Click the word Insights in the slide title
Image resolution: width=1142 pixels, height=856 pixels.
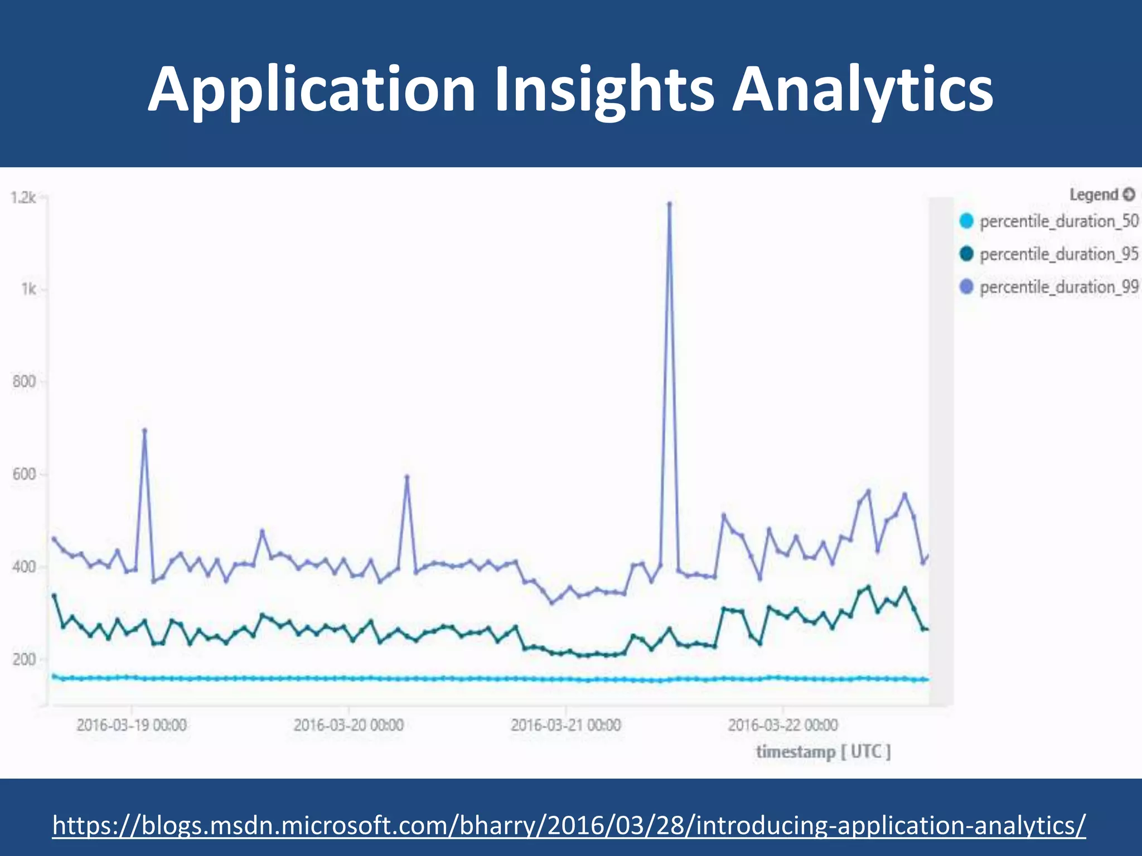click(x=604, y=89)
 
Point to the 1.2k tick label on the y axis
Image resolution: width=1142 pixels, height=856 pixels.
click(x=23, y=198)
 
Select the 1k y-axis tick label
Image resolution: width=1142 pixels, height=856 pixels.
click(x=28, y=289)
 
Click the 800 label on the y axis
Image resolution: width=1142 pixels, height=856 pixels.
click(x=25, y=382)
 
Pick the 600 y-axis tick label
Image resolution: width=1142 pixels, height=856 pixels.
click(x=25, y=474)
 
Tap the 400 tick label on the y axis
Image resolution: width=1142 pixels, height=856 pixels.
click(x=25, y=567)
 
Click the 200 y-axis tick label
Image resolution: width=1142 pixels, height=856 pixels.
click(x=25, y=659)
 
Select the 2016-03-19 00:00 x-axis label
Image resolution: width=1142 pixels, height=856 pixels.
click(x=132, y=725)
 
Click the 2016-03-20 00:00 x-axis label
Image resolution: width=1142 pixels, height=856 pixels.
click(x=349, y=725)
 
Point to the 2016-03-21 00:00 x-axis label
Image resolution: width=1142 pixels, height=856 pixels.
click(x=565, y=725)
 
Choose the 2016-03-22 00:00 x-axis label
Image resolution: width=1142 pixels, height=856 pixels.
click(x=782, y=725)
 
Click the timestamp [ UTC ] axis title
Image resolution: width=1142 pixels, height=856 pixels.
click(x=823, y=752)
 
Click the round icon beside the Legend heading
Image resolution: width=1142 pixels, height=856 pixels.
click(x=1129, y=194)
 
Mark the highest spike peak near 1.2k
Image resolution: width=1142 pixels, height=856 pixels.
click(x=669, y=204)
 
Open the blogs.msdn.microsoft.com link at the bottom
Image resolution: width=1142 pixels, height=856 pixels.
click(x=569, y=825)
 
